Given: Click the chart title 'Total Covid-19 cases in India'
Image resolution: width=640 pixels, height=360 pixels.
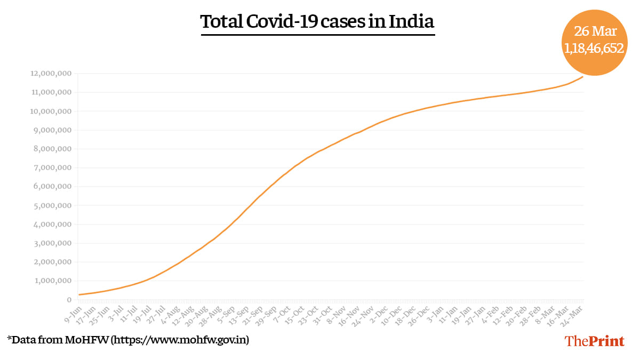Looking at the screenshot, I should pyautogui.click(x=317, y=23).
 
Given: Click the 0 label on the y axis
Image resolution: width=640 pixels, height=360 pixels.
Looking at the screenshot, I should pyautogui.click(x=69, y=300).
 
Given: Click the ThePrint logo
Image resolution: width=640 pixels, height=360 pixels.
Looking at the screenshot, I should pyautogui.click(x=594, y=341).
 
